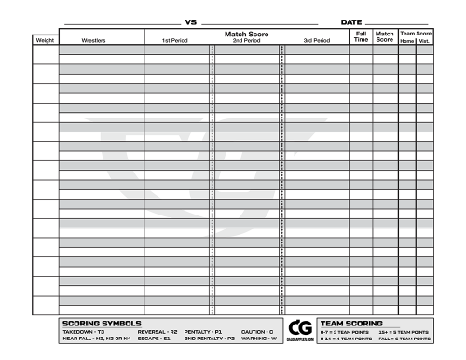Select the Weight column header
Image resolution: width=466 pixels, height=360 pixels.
45,41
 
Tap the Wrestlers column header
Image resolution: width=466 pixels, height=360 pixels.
94,41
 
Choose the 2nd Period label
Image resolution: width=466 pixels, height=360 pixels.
246,41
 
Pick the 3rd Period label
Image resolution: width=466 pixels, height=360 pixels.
317,41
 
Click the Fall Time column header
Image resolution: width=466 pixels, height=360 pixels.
362,36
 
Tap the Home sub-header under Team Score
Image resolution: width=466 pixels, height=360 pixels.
406,41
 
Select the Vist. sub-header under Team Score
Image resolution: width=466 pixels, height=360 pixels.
424,41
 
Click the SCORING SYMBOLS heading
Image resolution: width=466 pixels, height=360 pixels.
102,323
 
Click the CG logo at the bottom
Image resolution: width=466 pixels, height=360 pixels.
300,329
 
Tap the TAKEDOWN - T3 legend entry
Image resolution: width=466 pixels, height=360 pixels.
84,331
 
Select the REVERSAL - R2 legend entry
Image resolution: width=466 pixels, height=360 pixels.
157,331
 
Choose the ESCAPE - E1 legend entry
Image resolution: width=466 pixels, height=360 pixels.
153,339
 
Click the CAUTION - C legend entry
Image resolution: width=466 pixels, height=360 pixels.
257,331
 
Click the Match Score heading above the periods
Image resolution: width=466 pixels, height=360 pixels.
246,33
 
